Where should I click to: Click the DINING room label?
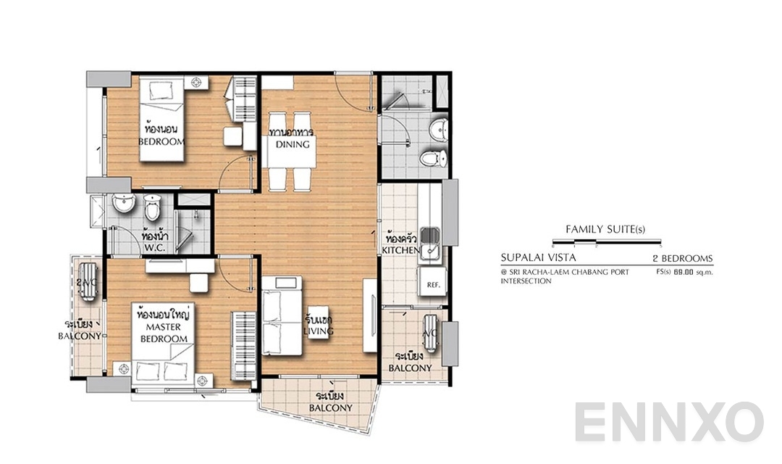(293, 144)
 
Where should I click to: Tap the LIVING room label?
(319, 331)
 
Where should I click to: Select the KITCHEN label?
(401, 250)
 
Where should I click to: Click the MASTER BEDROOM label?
(164, 333)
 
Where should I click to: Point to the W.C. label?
(155, 248)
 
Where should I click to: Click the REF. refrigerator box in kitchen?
(434, 285)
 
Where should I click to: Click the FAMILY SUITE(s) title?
(605, 230)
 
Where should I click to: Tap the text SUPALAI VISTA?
(539, 257)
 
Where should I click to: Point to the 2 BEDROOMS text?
(682, 258)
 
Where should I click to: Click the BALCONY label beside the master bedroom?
(80, 336)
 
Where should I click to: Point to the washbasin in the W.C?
(124, 207)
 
